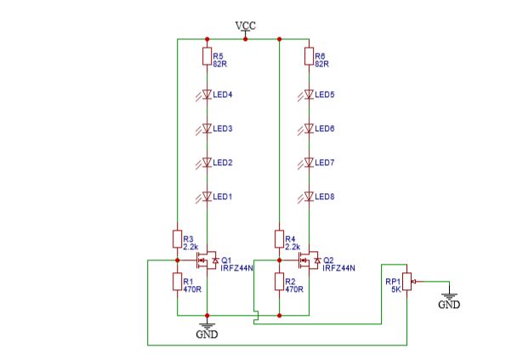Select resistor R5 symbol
(x=207, y=57)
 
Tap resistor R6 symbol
(x=309, y=57)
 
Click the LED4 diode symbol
(x=207, y=94)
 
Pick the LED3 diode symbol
(x=207, y=129)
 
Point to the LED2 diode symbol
(x=207, y=163)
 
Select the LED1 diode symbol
(x=207, y=197)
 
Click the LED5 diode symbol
(x=309, y=94)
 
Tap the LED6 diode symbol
(x=309, y=129)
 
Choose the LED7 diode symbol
(x=309, y=163)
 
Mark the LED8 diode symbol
(x=309, y=197)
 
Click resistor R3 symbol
(x=177, y=238)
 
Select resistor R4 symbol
(x=279, y=238)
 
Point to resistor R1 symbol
(x=177, y=282)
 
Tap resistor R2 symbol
(x=279, y=282)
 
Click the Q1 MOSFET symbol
(x=206, y=260)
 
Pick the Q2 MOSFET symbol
(x=308, y=260)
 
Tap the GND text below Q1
(x=207, y=334)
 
